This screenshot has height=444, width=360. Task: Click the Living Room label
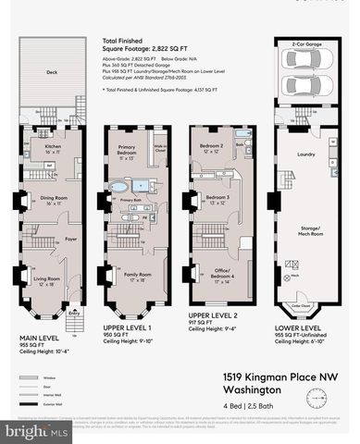[x=46, y=277]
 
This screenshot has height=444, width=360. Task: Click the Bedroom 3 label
[x=217, y=197]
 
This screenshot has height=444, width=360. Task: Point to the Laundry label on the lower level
[x=305, y=154]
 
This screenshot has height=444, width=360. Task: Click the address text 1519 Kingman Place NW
[x=277, y=377]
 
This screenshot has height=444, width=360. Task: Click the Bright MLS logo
[x=37, y=430]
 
